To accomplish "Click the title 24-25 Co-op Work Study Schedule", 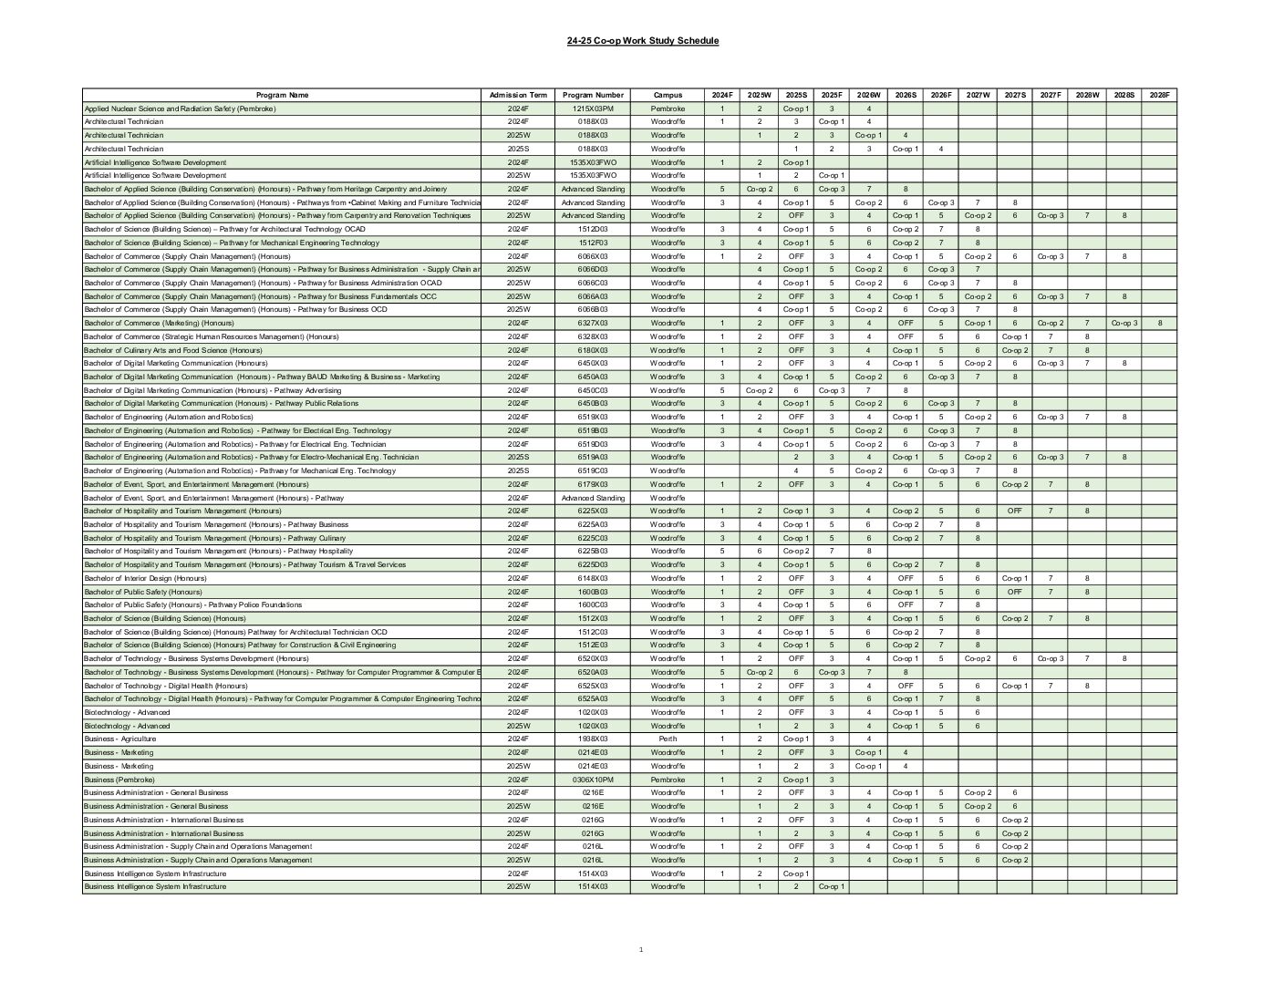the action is point(642,41).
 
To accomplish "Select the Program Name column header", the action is point(282,95).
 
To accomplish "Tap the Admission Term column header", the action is point(518,95).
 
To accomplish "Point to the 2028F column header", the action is point(1159,95).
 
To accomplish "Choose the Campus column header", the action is point(668,95).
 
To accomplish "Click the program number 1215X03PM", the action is point(593,108).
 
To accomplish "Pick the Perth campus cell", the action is point(668,739).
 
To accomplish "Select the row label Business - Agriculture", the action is point(120,739).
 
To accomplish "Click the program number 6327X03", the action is point(593,323).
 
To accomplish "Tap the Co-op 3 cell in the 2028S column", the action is point(1123,323).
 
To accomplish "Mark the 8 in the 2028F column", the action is point(1159,323).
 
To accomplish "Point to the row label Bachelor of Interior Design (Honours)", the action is point(145,578).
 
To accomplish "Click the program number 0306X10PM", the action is point(593,780).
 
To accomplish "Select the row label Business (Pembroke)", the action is point(119,780).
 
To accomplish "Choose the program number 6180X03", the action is point(593,350).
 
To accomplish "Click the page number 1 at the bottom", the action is point(641,950).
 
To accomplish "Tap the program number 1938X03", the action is point(593,739).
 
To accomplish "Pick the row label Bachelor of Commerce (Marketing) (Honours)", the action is point(159,323).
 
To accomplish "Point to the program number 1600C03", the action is point(593,604).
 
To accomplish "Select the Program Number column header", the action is point(593,95).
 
